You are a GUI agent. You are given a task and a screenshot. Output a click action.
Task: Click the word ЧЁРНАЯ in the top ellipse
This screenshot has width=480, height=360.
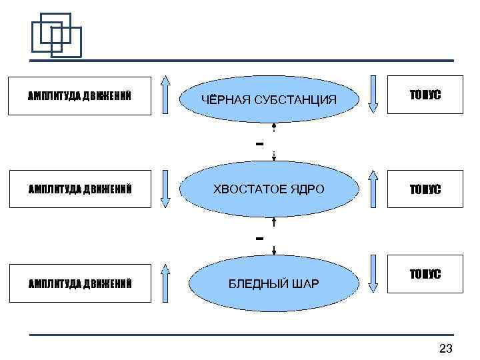pyautogui.click(x=223, y=100)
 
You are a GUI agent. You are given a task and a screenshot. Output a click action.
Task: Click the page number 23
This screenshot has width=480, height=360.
pyautogui.click(x=446, y=348)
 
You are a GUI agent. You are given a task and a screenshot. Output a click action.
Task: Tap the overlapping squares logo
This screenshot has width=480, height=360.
pyautogui.click(x=57, y=35)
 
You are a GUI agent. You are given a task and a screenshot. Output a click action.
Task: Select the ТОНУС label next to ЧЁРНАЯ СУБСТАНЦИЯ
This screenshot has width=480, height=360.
pyautogui.click(x=425, y=96)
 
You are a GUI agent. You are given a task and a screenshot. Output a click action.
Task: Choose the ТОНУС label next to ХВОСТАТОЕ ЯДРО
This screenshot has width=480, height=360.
pyautogui.click(x=425, y=190)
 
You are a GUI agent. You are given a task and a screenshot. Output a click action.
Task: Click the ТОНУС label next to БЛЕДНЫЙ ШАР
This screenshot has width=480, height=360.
pyautogui.click(x=425, y=275)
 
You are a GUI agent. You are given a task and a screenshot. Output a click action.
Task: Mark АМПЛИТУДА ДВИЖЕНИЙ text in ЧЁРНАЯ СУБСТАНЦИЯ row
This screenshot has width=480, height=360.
pyautogui.click(x=79, y=96)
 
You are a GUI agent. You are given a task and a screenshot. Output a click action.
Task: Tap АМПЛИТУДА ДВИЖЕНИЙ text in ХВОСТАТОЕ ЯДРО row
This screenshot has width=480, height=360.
pyautogui.click(x=79, y=190)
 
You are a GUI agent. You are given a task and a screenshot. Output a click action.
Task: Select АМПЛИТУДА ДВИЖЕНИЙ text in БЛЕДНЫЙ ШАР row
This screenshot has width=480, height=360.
pyautogui.click(x=79, y=285)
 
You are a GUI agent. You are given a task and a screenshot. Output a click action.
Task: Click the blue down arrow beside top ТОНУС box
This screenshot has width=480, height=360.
pyautogui.click(x=373, y=93)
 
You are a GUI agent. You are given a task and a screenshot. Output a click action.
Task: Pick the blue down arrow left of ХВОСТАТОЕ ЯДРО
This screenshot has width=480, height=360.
pyautogui.click(x=167, y=189)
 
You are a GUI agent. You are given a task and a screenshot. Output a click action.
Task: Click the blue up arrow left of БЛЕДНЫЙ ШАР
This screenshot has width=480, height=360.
pyautogui.click(x=167, y=283)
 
